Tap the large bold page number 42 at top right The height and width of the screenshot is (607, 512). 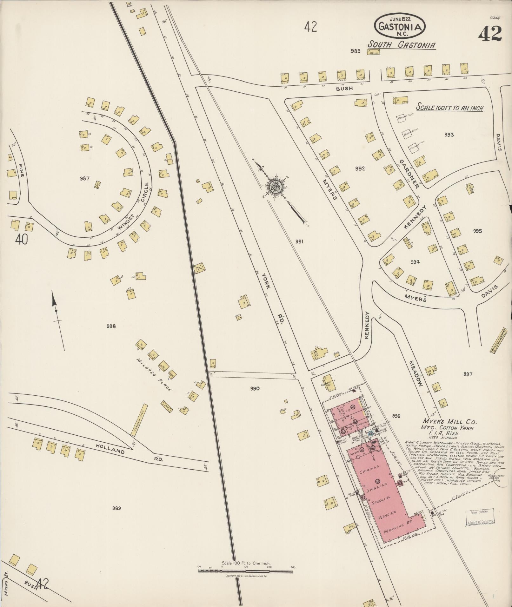(x=490, y=34)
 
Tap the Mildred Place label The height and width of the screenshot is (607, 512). (x=154, y=374)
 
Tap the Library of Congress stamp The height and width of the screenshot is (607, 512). (x=480, y=518)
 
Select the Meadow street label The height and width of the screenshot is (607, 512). (x=416, y=373)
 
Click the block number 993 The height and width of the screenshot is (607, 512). (x=449, y=135)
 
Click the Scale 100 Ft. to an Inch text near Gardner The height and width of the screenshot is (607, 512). (x=449, y=108)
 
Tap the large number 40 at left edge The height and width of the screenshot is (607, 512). (x=21, y=240)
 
